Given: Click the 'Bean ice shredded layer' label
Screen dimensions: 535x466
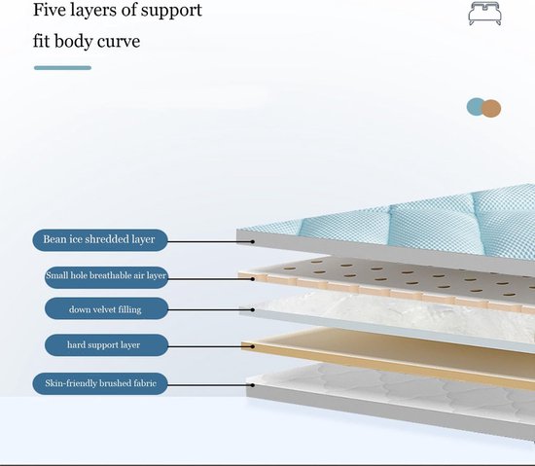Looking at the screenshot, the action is click(100, 240).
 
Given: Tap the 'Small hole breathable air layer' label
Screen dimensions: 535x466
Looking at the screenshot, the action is click(106, 277).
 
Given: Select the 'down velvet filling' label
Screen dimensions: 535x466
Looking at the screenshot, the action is click(106, 308).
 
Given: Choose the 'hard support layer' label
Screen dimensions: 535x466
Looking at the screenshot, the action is click(106, 345).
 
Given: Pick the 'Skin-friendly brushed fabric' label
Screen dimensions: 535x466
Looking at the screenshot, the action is click(100, 383).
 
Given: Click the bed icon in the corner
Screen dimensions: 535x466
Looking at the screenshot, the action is click(484, 13).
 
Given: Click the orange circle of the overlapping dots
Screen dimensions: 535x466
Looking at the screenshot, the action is click(491, 109).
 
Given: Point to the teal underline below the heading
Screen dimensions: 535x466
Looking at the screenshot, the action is click(63, 68).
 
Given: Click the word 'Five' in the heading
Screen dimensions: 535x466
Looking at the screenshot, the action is click(50, 10).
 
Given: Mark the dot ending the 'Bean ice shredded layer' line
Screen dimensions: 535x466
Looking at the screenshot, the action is click(253, 241).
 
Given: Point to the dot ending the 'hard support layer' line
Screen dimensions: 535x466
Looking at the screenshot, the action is click(253, 346).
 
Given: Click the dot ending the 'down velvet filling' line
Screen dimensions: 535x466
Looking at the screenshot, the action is click(253, 309).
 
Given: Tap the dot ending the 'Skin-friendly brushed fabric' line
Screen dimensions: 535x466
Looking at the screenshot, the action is click(253, 385).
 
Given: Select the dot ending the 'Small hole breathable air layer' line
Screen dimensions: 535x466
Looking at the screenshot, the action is click(253, 279).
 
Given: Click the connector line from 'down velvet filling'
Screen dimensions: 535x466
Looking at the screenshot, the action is click(209, 309).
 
